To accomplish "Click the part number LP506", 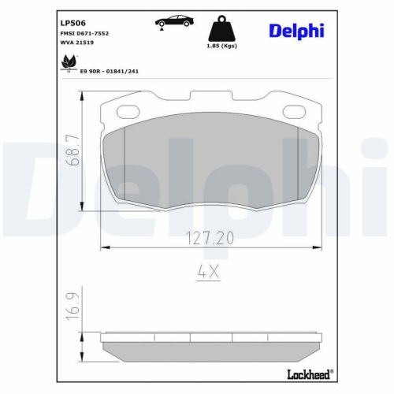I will (x=73, y=23).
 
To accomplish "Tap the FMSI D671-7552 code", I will (x=84, y=35).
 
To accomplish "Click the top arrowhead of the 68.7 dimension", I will (x=84, y=95).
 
